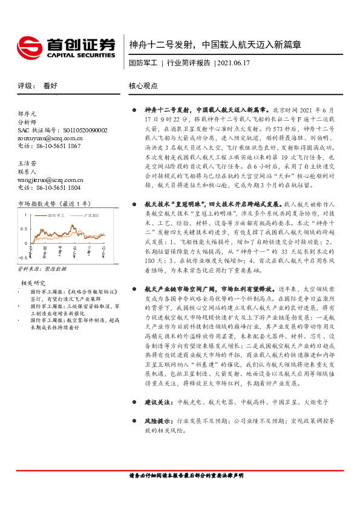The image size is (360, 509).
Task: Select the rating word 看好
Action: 50,86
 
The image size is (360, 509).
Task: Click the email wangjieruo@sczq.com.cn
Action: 51,180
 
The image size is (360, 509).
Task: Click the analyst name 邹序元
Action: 28,113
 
